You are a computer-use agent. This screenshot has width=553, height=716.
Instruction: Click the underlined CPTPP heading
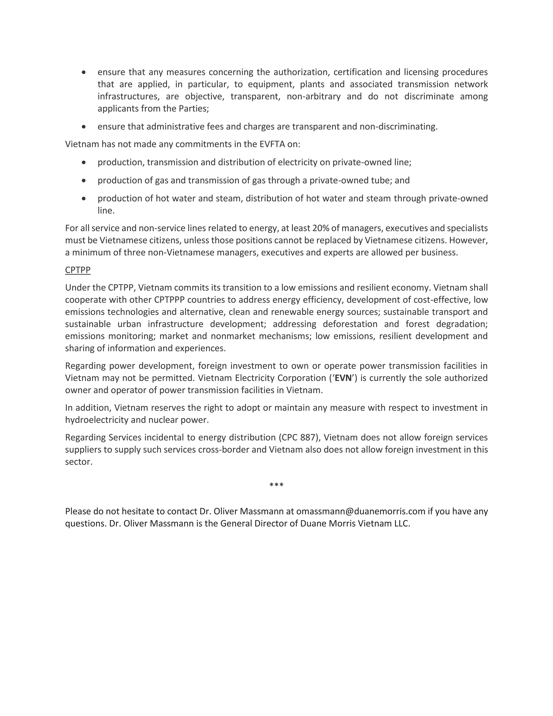click(x=78, y=270)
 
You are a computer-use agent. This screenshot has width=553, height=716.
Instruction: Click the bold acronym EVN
click(x=343, y=378)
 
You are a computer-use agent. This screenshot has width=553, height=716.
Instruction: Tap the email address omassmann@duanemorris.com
click(x=360, y=511)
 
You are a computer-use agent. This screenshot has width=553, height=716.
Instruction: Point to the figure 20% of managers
click(x=321, y=228)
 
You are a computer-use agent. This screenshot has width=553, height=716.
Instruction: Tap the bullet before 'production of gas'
click(x=84, y=180)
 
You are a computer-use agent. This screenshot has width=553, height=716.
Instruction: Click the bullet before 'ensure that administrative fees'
click(x=84, y=126)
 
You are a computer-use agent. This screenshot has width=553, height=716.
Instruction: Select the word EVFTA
click(x=272, y=144)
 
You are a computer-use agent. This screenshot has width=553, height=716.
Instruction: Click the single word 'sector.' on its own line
click(x=79, y=461)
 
